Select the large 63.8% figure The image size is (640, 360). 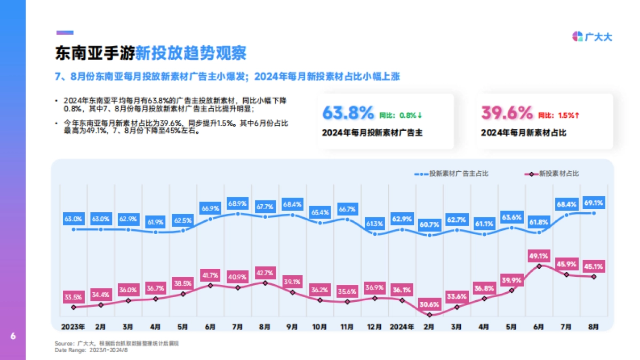tap(348, 113)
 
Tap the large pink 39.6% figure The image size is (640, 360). tap(507, 113)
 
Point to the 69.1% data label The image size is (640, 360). tap(594, 203)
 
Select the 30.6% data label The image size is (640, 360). tap(429, 305)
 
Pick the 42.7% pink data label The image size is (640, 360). tap(265, 273)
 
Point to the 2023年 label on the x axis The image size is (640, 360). tap(73, 326)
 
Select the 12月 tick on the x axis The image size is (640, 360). tap(374, 326)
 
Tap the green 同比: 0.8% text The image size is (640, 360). tap(401, 115)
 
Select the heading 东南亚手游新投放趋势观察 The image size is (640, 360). tap(151, 53)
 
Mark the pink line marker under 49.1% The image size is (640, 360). tap(539, 266)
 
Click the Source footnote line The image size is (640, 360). tap(117, 343)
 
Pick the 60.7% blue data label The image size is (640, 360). tap(429, 224)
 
